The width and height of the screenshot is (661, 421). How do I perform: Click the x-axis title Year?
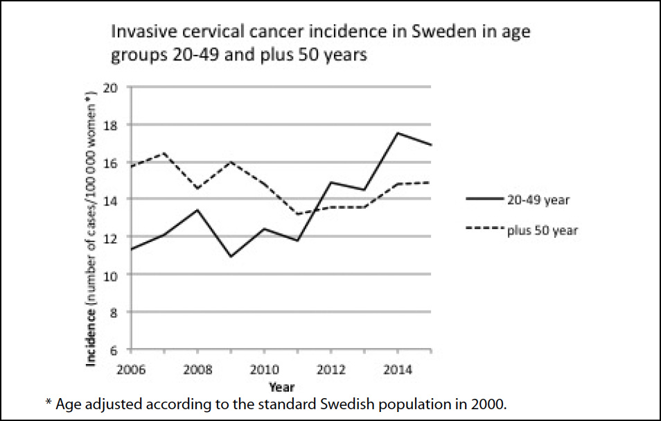[x=281, y=386]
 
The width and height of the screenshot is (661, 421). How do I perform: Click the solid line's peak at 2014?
[x=398, y=133]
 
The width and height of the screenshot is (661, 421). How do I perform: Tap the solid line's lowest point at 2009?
[x=230, y=257]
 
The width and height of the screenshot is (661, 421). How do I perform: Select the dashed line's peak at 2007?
[x=164, y=153]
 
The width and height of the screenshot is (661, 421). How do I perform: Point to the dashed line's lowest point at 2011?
[x=297, y=214]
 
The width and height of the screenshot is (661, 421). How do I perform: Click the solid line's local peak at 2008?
[x=197, y=209]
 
